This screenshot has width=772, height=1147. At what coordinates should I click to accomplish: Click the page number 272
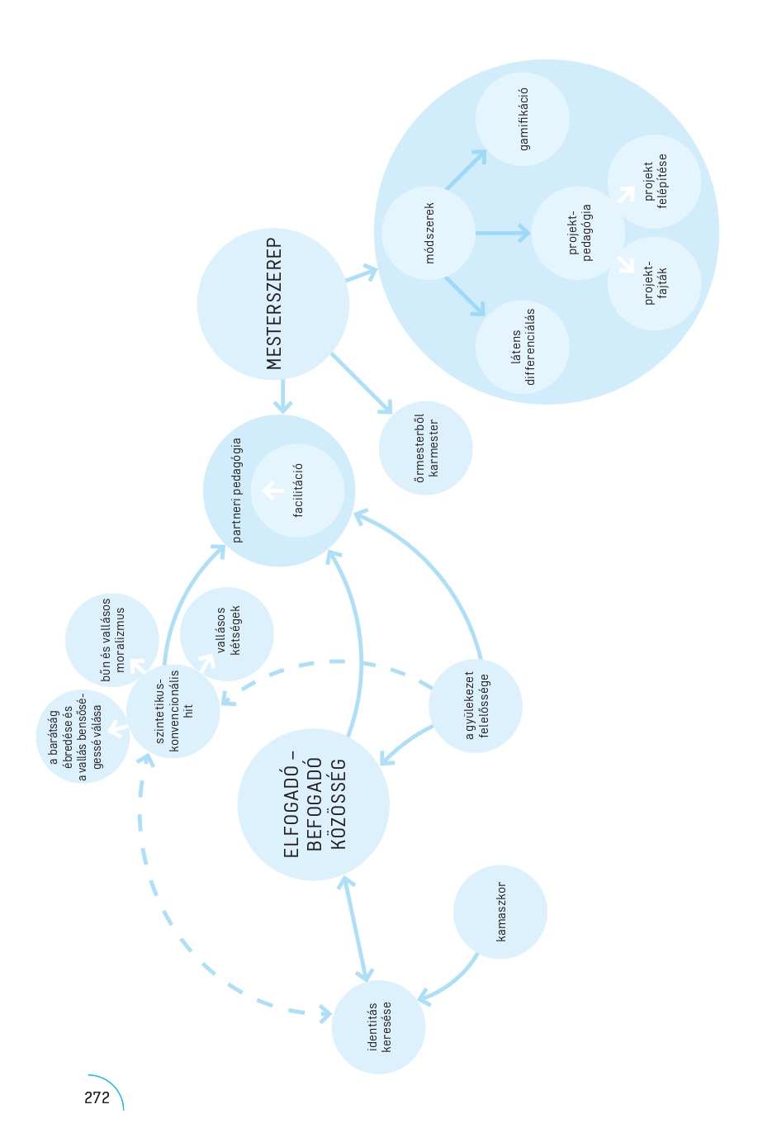pyautogui.click(x=97, y=1097)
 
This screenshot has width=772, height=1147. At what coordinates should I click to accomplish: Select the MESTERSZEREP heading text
pyautogui.click(x=274, y=304)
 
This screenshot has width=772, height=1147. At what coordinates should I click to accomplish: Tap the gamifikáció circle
pyautogui.click(x=522, y=119)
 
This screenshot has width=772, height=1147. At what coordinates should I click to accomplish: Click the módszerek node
pyautogui.click(x=429, y=233)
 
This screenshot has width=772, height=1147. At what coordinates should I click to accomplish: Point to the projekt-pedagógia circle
pyautogui.click(x=578, y=233)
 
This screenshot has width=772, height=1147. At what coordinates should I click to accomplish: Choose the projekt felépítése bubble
pyautogui.click(x=654, y=182)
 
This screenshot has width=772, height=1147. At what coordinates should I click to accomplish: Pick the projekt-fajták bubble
pyautogui.click(x=654, y=283)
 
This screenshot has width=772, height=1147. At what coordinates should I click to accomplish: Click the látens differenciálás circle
pyautogui.click(x=522, y=347)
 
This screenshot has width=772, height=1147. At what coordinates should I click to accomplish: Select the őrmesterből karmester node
pyautogui.click(x=425, y=448)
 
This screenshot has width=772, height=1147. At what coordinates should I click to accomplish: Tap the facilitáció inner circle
pyautogui.click(x=297, y=491)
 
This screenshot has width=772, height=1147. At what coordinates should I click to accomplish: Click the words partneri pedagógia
pyautogui.click(x=236, y=490)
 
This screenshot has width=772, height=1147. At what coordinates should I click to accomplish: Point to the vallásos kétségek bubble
pyautogui.click(x=227, y=634)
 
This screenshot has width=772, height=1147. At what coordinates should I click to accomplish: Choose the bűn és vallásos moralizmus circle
pyautogui.click(x=112, y=639)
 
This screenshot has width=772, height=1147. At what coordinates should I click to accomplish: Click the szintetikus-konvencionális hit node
pyautogui.click(x=173, y=711)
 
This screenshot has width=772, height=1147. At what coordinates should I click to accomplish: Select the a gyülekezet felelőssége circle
pyautogui.click(x=475, y=705)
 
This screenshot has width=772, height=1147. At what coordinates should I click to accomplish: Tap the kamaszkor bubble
pyautogui.click(x=500, y=912)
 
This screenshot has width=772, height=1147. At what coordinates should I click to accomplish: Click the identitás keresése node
pyautogui.click(x=378, y=1026)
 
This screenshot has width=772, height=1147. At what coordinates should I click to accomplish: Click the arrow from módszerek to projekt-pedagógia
pyautogui.click(x=502, y=233)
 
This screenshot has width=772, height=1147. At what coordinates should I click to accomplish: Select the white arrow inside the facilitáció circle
pyautogui.click(x=272, y=491)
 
